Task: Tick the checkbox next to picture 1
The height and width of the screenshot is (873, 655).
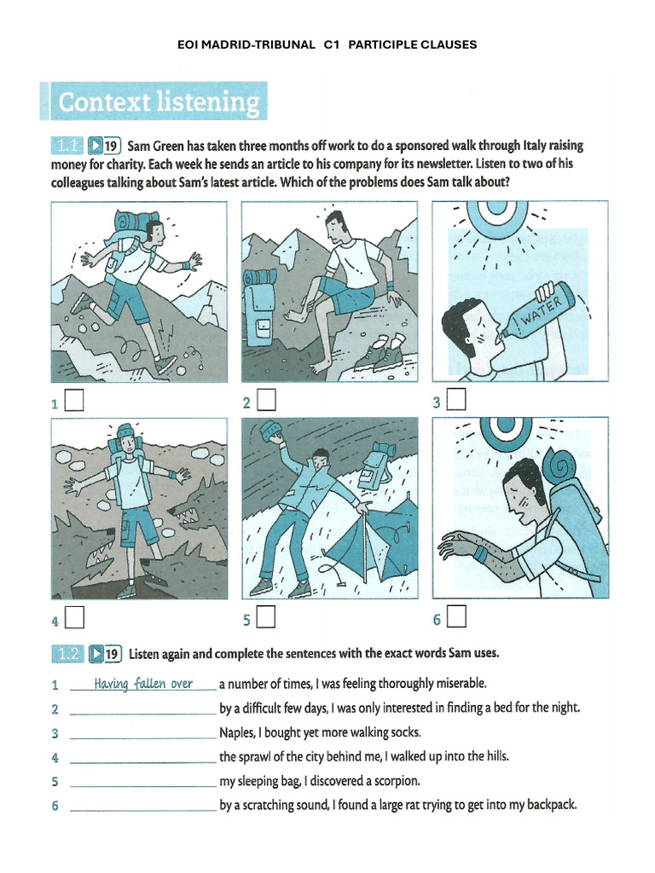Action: click(74, 400)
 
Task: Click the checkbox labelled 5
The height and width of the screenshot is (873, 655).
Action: click(266, 616)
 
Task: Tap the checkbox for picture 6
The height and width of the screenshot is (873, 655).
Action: click(456, 615)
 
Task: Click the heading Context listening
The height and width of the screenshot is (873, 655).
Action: click(158, 103)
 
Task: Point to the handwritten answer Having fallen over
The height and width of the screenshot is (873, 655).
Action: click(143, 684)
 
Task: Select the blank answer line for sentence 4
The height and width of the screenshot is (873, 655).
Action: click(142, 758)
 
